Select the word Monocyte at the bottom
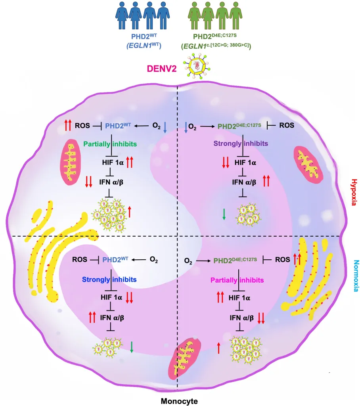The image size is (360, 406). coord(179,401)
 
